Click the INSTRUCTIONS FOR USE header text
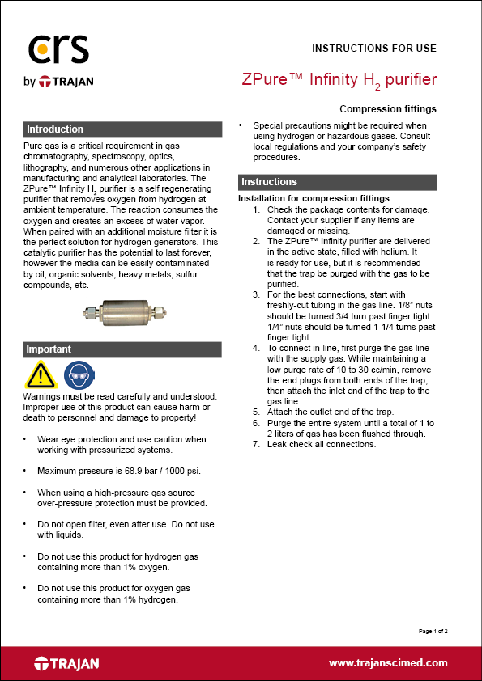[374, 48]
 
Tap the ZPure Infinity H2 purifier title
[339, 80]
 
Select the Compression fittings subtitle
[388, 108]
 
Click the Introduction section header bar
[122, 129]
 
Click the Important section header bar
[122, 349]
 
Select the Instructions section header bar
[338, 182]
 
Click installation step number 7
[257, 444]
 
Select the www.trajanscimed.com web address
[388, 662]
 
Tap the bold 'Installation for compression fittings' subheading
[314, 199]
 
